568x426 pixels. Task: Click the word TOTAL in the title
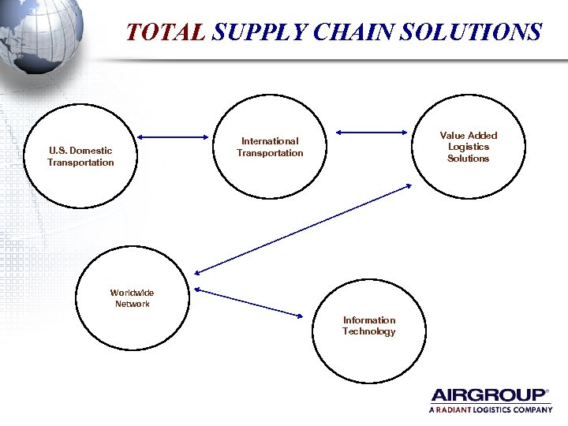[166, 32]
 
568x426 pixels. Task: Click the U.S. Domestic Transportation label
[80, 156]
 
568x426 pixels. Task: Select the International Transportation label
[270, 148]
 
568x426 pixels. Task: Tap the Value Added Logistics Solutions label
[469, 147]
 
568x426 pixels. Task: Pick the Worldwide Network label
[132, 298]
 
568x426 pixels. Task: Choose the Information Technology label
[368, 326]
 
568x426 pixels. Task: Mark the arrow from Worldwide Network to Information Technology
[249, 303]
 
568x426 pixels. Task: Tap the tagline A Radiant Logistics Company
[490, 410]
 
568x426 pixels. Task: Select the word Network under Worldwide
[132, 304]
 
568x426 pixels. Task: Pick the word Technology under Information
[368, 331]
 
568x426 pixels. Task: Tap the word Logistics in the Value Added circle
[469, 147]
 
